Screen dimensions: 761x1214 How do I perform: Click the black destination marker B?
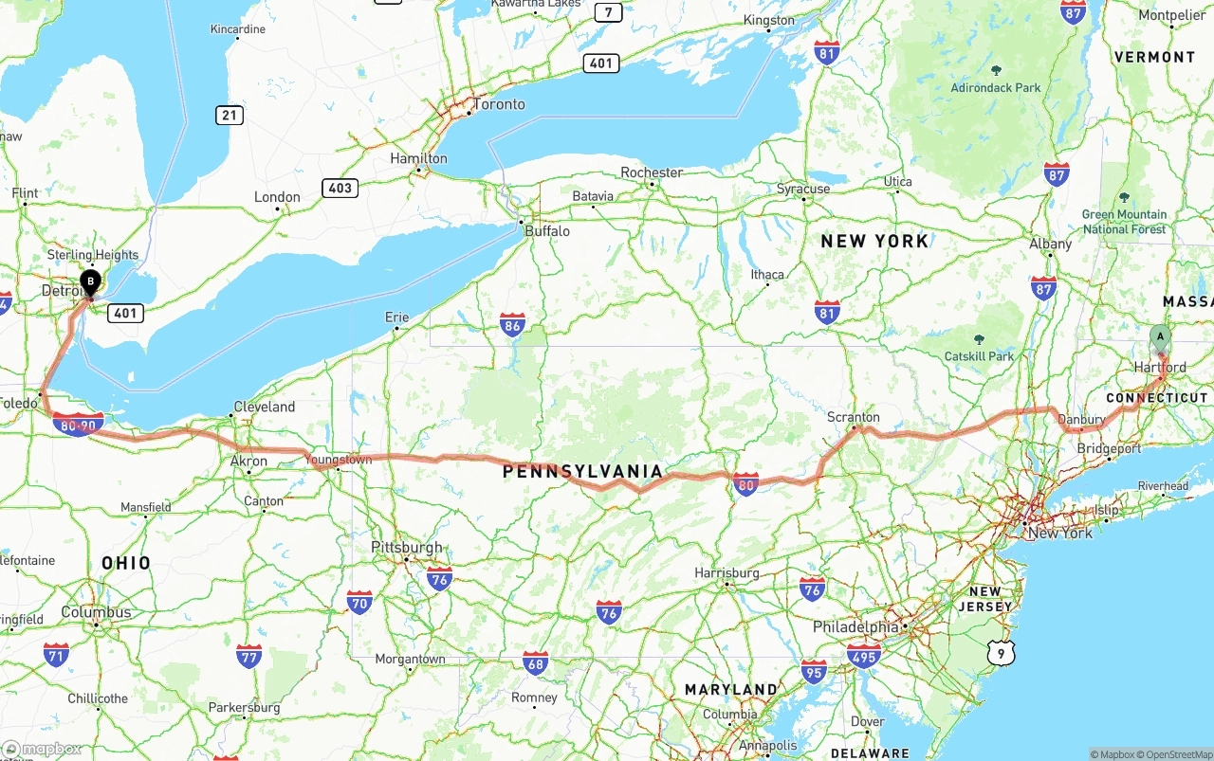pos(90,281)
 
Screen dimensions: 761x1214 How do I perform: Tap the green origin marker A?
pos(1160,336)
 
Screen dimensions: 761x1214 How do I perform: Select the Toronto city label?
pos(498,104)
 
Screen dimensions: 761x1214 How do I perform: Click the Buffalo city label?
pos(547,230)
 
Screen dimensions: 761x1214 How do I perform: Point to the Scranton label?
pos(853,417)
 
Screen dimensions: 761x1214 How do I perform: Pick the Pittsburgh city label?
pos(407,548)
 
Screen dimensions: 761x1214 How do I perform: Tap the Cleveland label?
pos(264,407)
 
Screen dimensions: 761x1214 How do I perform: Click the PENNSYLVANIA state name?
pos(582,471)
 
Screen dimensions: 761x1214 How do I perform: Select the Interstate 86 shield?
pos(513,325)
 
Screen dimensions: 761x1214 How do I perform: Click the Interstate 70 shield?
pos(359,601)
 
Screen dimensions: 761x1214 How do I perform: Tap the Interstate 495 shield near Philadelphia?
pos(864,654)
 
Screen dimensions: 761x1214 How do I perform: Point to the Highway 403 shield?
pos(340,188)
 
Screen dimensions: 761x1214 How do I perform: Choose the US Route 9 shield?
pos(1000,652)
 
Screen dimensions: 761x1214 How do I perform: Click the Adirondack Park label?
pos(996,87)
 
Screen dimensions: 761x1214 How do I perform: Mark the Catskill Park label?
pos(979,356)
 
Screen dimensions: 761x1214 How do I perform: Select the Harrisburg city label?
pos(727,572)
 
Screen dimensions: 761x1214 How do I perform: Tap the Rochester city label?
pos(652,172)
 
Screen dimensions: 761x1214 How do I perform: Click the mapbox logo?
pos(42,749)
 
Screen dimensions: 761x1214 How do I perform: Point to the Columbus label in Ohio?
pos(96,612)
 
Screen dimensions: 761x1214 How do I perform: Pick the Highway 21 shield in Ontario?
pos(229,116)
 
